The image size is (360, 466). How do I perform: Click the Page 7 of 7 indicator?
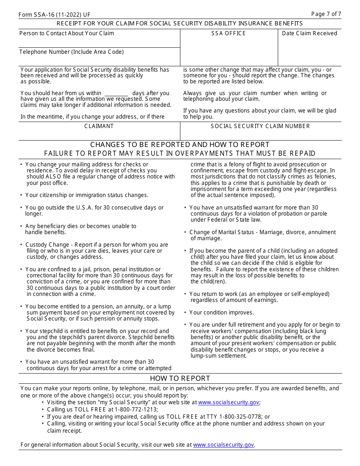[326, 14]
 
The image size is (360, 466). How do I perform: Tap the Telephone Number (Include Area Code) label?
[72, 52]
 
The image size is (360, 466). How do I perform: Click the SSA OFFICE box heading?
[229, 33]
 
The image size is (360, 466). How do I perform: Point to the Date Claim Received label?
[309, 33]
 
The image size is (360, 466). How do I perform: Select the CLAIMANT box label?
[99, 126]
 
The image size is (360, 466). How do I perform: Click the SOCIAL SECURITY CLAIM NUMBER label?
[260, 126]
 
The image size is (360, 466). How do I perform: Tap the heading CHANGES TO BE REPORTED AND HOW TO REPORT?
[180, 145]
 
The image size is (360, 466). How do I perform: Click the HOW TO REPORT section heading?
[180, 378]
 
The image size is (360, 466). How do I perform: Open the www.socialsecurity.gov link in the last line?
[224, 445]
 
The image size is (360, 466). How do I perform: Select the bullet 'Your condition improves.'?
[221, 313]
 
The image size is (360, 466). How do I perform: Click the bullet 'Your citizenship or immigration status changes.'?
[87, 195]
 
